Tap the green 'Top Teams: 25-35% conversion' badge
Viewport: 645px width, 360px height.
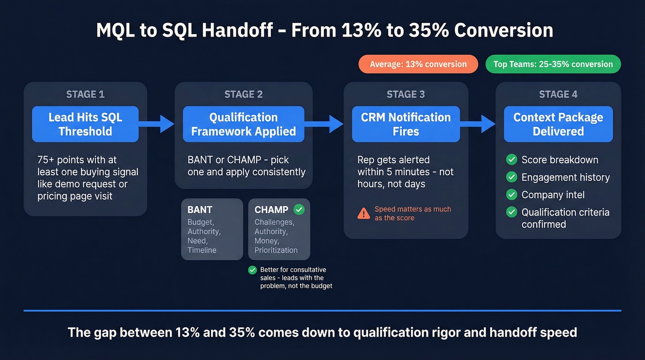pos(553,64)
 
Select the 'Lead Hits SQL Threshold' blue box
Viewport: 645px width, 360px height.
pos(85,124)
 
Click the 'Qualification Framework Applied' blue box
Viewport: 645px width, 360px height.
pos(243,124)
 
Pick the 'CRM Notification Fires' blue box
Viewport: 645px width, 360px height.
pos(405,124)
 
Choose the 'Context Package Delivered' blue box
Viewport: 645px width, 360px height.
pos(558,124)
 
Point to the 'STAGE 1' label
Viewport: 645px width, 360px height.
pos(85,94)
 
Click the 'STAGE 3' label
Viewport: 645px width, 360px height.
pos(405,94)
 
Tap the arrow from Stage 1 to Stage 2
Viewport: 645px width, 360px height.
pos(156,123)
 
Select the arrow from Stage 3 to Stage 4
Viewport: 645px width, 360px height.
pos(477,123)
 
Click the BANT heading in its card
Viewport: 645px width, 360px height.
pos(199,210)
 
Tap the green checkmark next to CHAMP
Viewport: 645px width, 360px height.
pos(299,210)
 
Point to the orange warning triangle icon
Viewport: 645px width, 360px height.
pos(364,213)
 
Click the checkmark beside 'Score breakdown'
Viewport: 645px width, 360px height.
pos(511,160)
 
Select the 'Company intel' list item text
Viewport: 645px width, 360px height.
pos(553,195)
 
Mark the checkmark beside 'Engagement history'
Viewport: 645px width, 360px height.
pos(511,177)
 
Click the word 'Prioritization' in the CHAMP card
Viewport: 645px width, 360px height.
pos(276,250)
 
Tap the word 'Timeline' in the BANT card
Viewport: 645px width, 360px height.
pos(202,250)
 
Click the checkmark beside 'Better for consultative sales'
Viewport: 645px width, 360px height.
pos(252,270)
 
